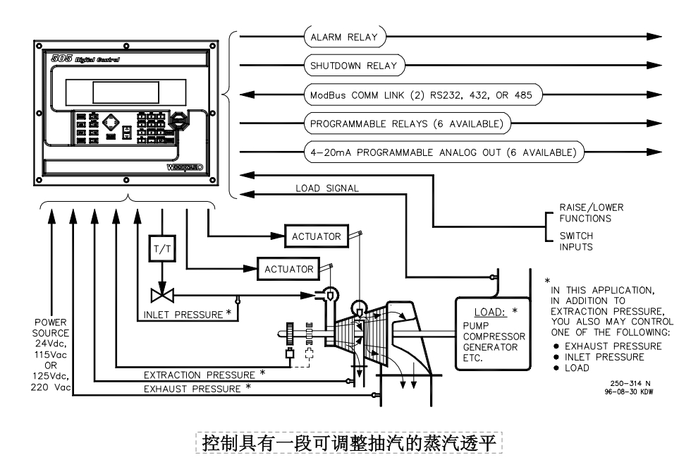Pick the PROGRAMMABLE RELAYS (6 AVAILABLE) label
pos(407,124)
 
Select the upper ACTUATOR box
pos(317,236)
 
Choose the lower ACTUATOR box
pos(288,270)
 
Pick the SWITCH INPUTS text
pos(575,241)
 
